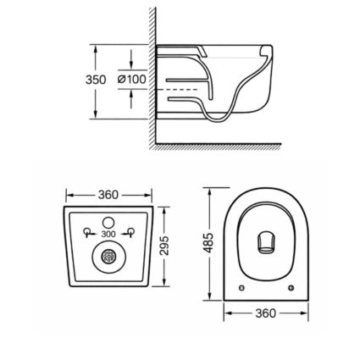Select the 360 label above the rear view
108,195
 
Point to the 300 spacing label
108,234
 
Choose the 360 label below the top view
265,313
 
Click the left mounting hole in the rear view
87,231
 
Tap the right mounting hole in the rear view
129,231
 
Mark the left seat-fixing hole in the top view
243,288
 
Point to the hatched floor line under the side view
246,146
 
